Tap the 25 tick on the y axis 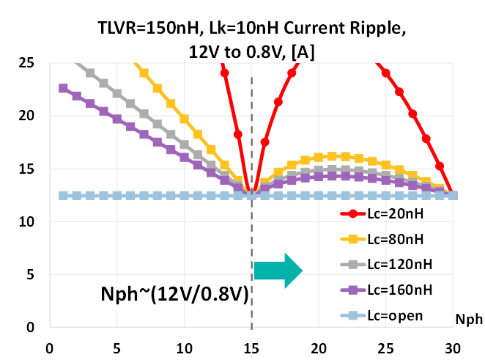[27, 63]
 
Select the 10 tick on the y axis [27, 222]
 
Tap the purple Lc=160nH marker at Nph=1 [63, 88]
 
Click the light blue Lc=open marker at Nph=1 [63, 196]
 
